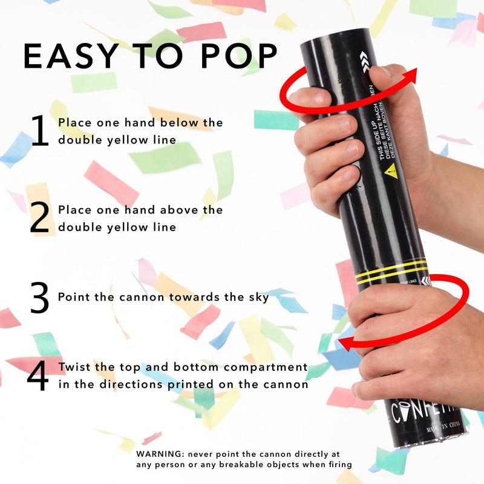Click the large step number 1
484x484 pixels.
40,132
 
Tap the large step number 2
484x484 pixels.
40,219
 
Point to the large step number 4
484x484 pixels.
38,376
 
